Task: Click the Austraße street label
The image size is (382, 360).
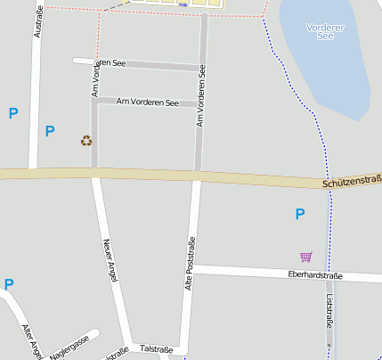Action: click(x=37, y=21)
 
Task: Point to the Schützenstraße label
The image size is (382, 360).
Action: click(x=352, y=181)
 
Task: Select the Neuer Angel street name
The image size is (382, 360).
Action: click(x=110, y=259)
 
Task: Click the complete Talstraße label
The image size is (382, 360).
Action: click(x=156, y=349)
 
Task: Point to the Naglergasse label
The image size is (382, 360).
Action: click(x=69, y=348)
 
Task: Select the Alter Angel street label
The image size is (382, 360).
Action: click(x=31, y=341)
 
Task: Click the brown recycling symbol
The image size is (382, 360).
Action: click(x=86, y=140)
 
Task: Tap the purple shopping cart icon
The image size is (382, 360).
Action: click(x=306, y=257)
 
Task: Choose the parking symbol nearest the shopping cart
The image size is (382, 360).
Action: click(x=300, y=214)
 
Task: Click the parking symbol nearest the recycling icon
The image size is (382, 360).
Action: click(x=50, y=131)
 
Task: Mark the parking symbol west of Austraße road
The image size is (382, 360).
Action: click(x=12, y=113)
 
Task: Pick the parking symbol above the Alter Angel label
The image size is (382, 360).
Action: click(x=9, y=285)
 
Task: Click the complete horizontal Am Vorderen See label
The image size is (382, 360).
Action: click(x=147, y=102)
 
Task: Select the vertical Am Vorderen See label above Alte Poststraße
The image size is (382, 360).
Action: click(x=202, y=95)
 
